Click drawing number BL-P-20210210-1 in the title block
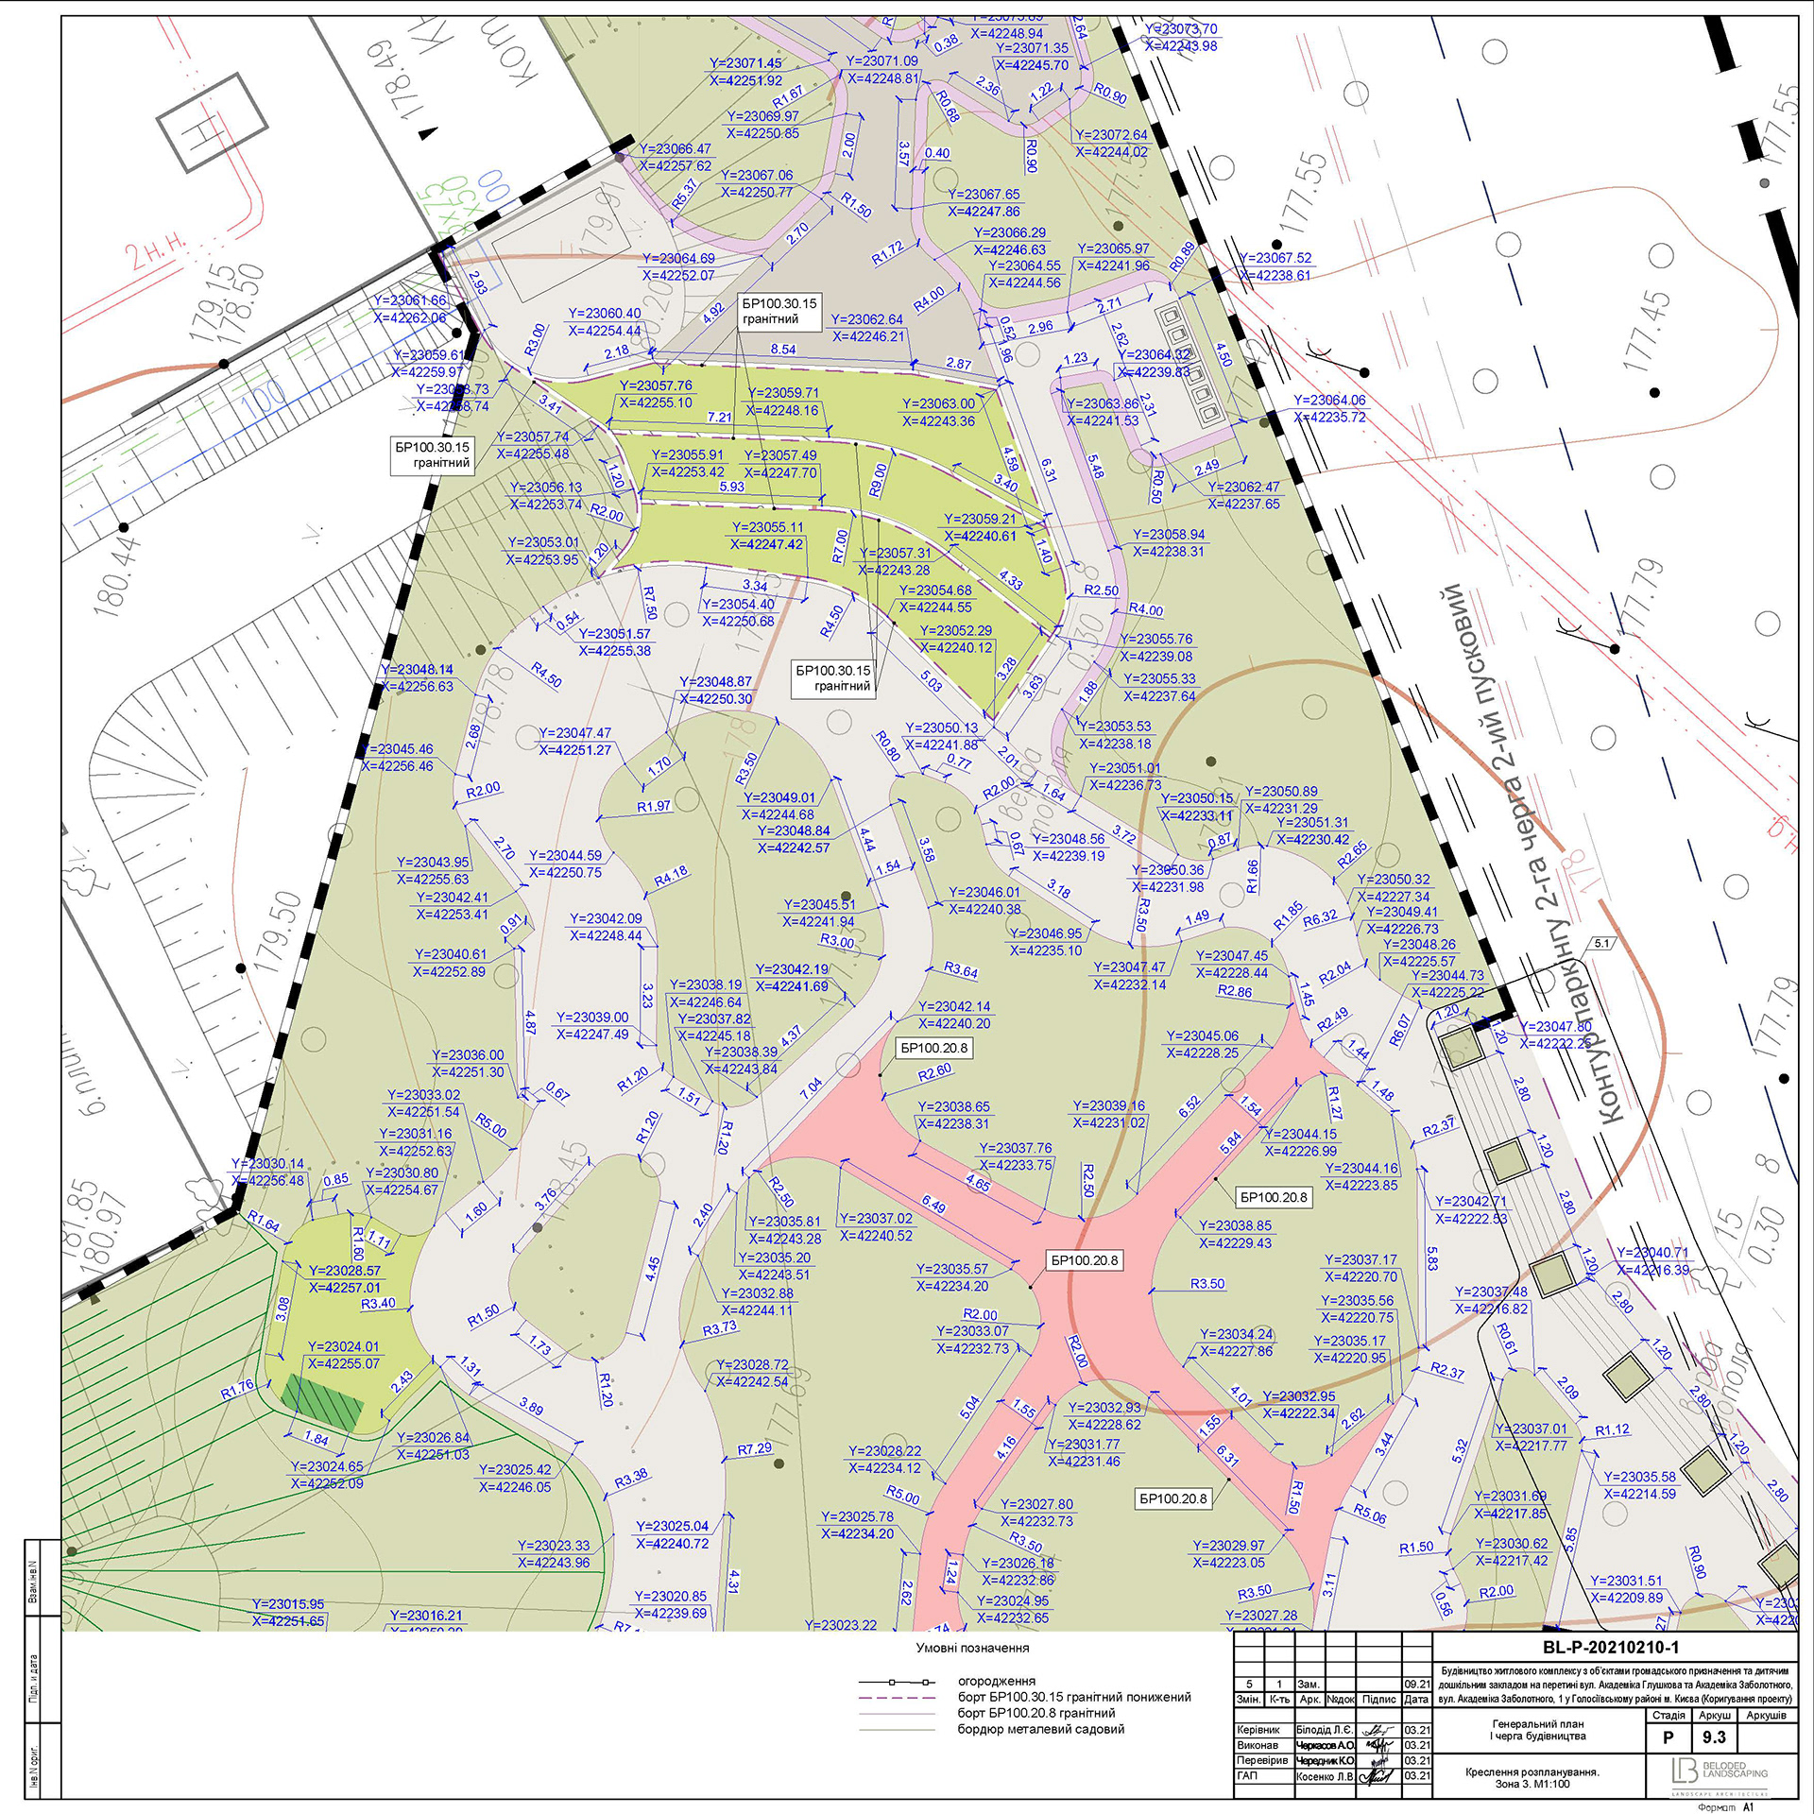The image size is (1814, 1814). point(1617,1648)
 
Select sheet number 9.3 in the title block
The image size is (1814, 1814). point(1714,1737)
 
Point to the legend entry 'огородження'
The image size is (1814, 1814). point(997,1681)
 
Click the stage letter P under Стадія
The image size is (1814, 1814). point(1669,1737)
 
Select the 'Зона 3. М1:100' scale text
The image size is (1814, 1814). point(1533,1784)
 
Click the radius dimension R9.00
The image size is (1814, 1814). point(878,479)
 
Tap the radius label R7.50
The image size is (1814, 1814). point(650,602)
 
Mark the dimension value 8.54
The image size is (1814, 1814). point(783,349)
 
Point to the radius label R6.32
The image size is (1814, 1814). point(1320,916)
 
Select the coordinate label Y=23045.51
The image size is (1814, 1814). point(819,904)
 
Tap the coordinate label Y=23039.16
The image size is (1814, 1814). point(1108,1105)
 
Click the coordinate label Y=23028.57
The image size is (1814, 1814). point(345,1271)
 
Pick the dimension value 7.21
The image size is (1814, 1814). point(719,417)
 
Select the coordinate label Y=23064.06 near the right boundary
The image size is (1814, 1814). point(1329,400)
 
